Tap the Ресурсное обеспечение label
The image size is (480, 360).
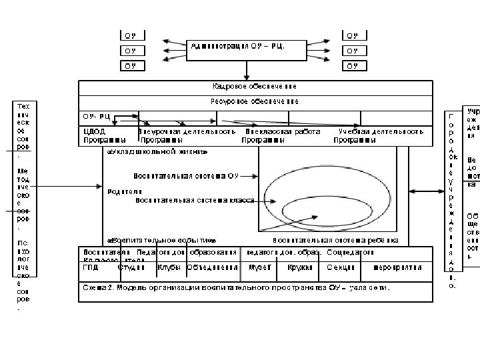click(255, 101)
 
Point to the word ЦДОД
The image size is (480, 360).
click(93, 132)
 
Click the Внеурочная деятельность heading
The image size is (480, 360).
click(187, 132)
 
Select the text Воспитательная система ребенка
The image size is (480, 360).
click(336, 240)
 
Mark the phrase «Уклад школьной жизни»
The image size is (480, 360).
click(157, 152)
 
